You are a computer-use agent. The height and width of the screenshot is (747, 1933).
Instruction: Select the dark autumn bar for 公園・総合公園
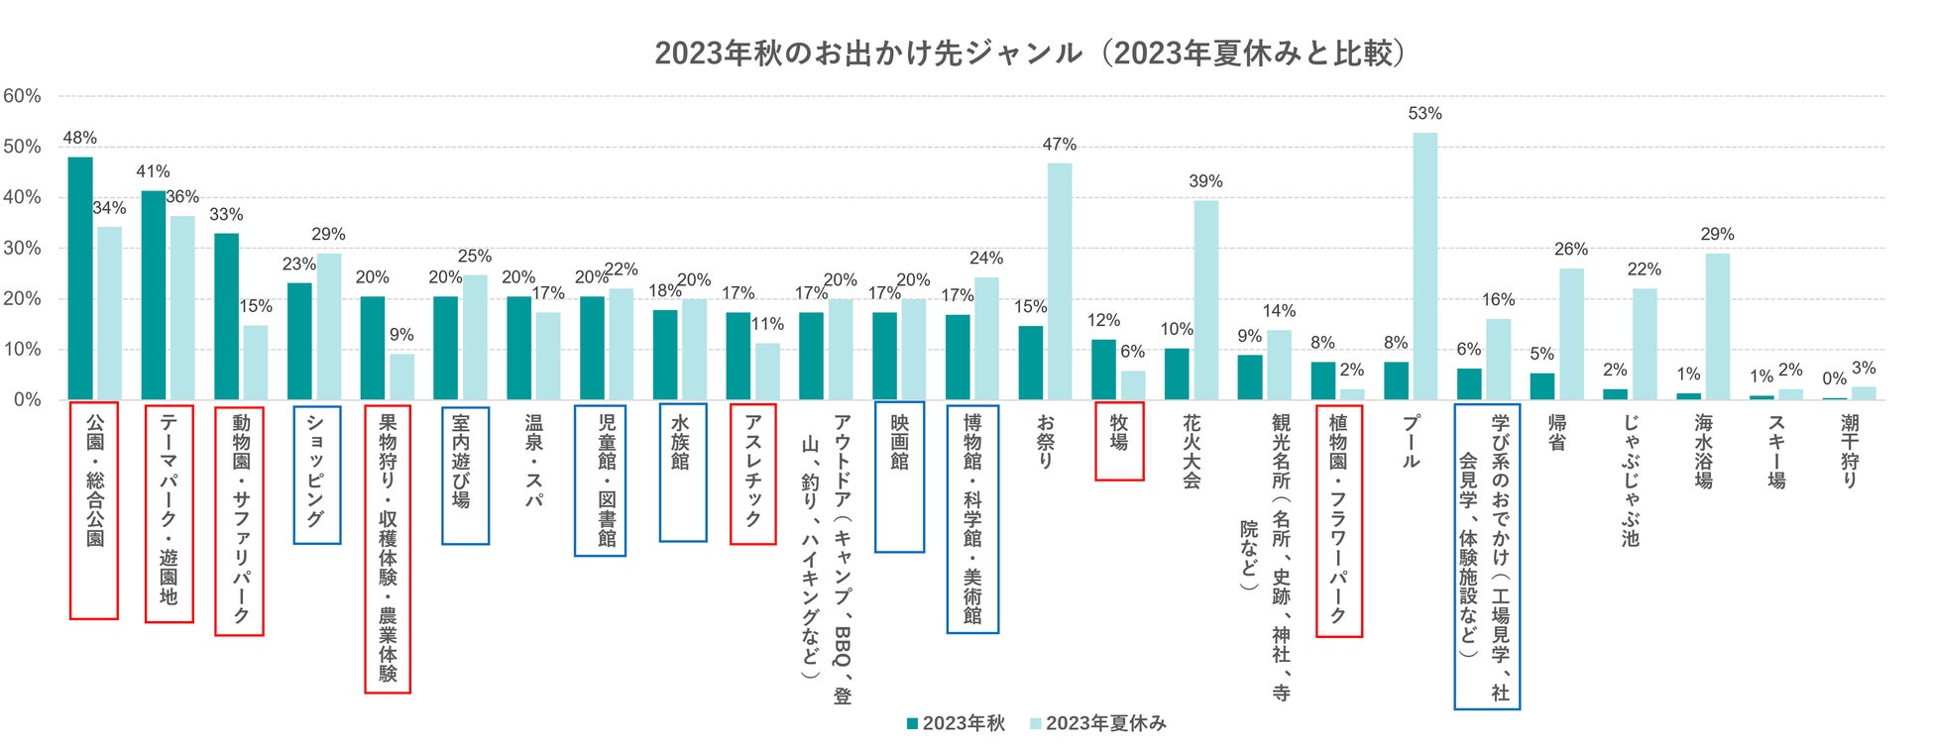(x=80, y=277)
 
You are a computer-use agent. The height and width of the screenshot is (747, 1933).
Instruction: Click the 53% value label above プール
(x=1424, y=114)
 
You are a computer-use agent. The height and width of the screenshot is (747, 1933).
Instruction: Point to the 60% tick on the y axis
(x=22, y=96)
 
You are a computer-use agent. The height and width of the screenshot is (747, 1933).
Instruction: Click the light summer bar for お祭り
(x=1060, y=281)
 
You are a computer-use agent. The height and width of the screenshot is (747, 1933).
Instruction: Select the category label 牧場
(x=1119, y=436)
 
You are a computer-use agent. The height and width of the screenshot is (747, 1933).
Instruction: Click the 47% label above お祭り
(x=1059, y=145)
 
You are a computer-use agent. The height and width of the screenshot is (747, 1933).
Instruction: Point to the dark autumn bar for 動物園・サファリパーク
(x=226, y=316)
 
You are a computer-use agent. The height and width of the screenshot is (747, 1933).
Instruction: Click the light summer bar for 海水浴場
(x=1717, y=326)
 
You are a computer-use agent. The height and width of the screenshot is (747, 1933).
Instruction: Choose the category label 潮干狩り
(x=1849, y=451)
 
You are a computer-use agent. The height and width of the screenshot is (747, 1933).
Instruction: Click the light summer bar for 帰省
(x=1571, y=334)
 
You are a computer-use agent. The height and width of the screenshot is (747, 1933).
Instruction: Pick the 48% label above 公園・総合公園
(x=79, y=138)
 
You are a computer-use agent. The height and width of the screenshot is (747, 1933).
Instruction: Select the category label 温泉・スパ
(x=533, y=461)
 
